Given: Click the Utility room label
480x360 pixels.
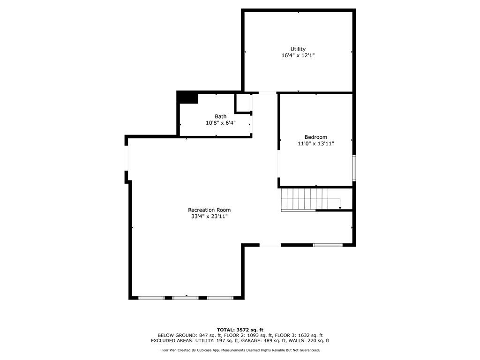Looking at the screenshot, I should point(298,49).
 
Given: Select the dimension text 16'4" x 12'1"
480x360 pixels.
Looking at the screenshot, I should point(298,55).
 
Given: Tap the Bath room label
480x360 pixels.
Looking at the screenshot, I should point(220,116).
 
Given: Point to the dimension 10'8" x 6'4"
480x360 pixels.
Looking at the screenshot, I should point(220,123).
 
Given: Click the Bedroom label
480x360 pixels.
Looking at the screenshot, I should point(315,137).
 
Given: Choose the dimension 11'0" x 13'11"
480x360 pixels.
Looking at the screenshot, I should point(315,143).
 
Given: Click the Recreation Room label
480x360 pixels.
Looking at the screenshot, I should point(209,210).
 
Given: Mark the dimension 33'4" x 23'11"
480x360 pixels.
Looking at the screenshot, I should point(209,217).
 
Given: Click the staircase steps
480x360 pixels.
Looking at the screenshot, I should point(305,199).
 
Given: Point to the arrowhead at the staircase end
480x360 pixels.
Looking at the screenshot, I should point(340,208).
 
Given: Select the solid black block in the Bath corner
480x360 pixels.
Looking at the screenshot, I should point(187,97).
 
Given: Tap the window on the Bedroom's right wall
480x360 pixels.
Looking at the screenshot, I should point(354,167).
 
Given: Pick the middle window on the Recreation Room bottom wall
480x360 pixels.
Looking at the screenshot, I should point(186,298).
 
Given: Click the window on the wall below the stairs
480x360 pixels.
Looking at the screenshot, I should point(328,245).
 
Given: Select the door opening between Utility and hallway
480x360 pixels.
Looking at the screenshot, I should point(267,93).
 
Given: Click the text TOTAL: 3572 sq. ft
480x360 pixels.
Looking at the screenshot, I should point(240,330).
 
